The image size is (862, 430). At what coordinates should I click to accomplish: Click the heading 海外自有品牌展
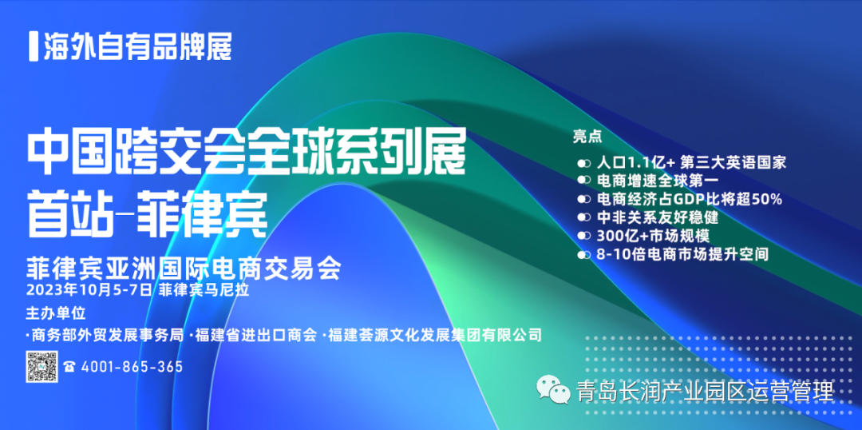[137, 47]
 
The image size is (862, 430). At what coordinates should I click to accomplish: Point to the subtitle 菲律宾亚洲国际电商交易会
[184, 268]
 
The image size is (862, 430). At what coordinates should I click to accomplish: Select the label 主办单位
[56, 313]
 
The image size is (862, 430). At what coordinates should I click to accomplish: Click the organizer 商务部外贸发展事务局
[105, 335]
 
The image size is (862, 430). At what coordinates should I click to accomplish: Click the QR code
[42, 366]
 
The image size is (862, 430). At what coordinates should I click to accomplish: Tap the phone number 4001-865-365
[132, 367]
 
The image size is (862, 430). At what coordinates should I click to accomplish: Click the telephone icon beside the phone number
[69, 367]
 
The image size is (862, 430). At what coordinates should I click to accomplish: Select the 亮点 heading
[587, 137]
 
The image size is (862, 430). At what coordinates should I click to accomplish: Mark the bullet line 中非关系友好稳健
[658, 217]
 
